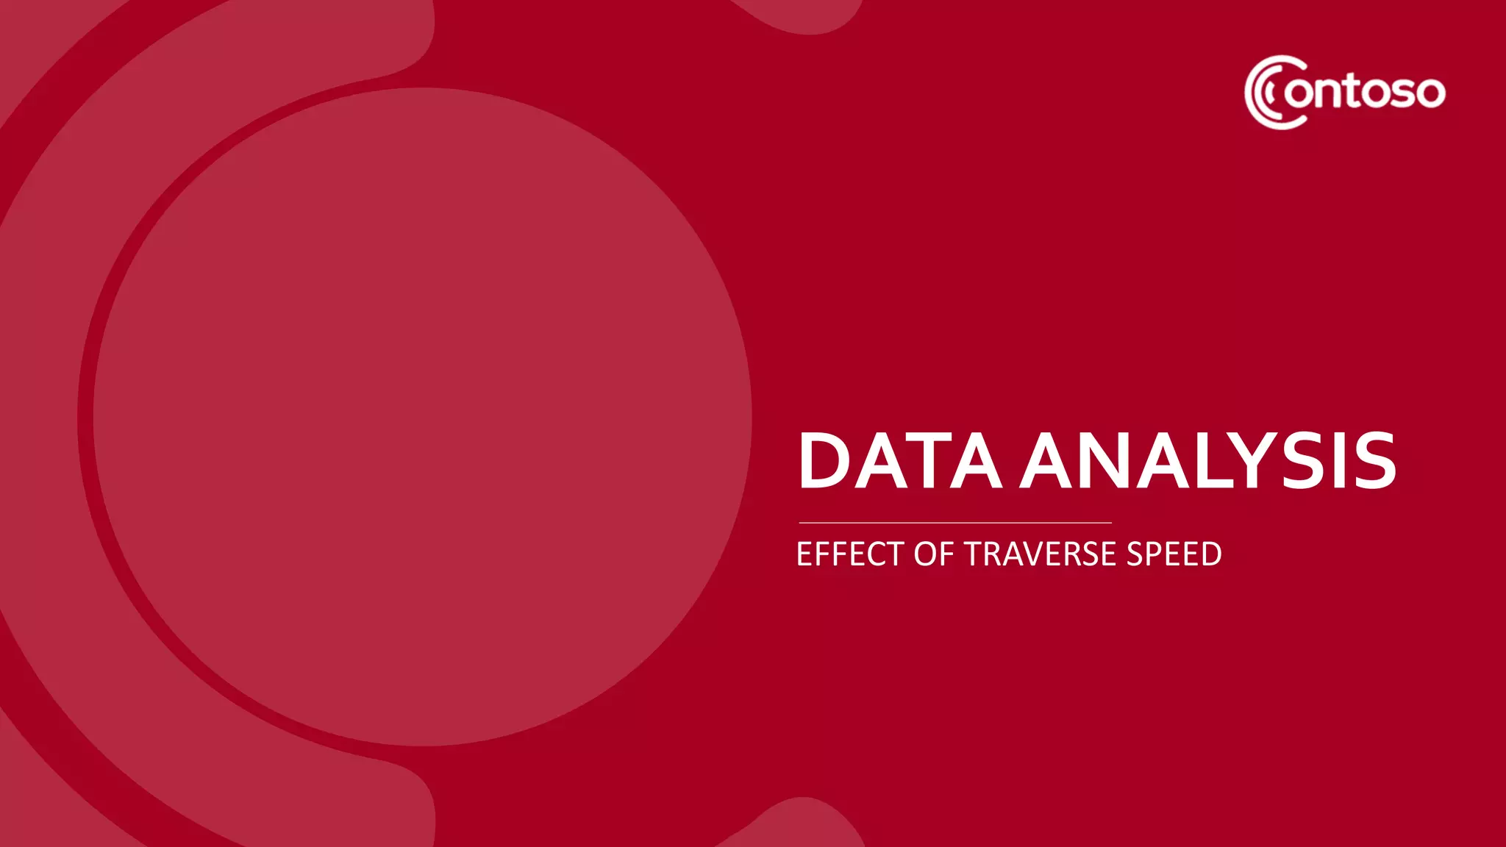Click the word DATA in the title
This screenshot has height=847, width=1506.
click(x=899, y=461)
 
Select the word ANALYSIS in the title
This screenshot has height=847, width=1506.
click(x=1207, y=461)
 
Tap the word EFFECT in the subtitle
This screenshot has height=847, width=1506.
click(x=850, y=554)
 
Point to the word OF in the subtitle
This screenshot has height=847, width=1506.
click(x=933, y=554)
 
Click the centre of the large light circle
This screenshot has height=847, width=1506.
click(x=422, y=417)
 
